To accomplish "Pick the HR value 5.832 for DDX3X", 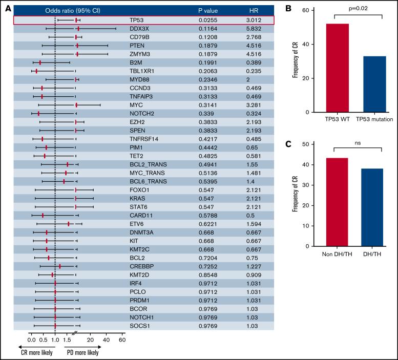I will click(x=255, y=29).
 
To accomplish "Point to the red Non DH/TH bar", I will click(x=334, y=202).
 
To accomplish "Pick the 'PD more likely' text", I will click(x=82, y=352).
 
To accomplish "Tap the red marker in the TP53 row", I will click(x=76, y=20).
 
